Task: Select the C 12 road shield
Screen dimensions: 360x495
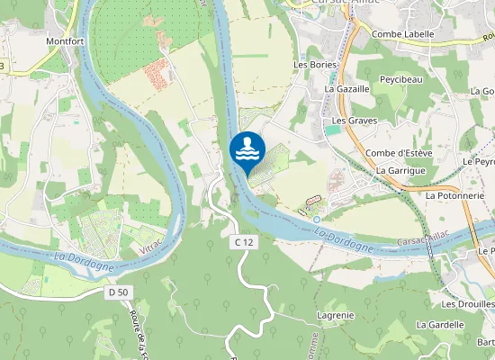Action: pos(243,242)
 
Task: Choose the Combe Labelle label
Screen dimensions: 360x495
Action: pos(403,34)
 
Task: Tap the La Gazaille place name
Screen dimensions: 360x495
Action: pos(346,90)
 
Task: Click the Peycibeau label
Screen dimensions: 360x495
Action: pos(401,80)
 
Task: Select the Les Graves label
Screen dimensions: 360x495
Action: pos(353,120)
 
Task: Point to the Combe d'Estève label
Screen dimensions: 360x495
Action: pos(399,153)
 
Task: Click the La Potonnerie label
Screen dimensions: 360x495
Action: pos(455,194)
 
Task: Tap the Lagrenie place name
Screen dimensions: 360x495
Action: pos(336,316)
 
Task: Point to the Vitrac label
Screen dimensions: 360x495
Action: pos(153,244)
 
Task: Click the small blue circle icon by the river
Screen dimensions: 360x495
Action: pos(317,219)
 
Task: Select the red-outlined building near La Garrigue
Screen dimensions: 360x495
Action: pos(314,198)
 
